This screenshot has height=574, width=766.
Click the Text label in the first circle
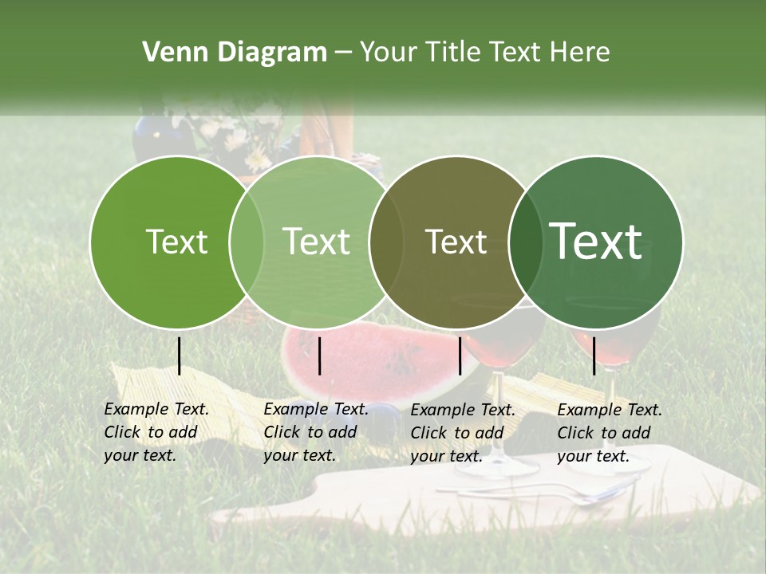(x=176, y=242)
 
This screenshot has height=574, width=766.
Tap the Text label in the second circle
(x=317, y=242)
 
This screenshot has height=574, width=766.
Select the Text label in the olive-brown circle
(x=456, y=242)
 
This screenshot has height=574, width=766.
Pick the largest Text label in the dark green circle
(x=596, y=241)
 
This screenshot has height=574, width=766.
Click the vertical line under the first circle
(x=180, y=356)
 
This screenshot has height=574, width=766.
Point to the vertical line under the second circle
(x=320, y=356)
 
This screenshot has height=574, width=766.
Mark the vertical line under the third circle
(x=460, y=356)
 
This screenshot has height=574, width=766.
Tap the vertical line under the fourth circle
(x=594, y=356)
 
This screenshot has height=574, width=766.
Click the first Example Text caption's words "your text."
(x=140, y=456)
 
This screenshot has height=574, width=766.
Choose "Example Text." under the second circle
(x=316, y=409)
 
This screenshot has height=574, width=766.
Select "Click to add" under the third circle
(x=457, y=433)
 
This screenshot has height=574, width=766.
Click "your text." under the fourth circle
(x=593, y=456)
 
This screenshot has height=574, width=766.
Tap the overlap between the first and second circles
(x=247, y=242)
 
